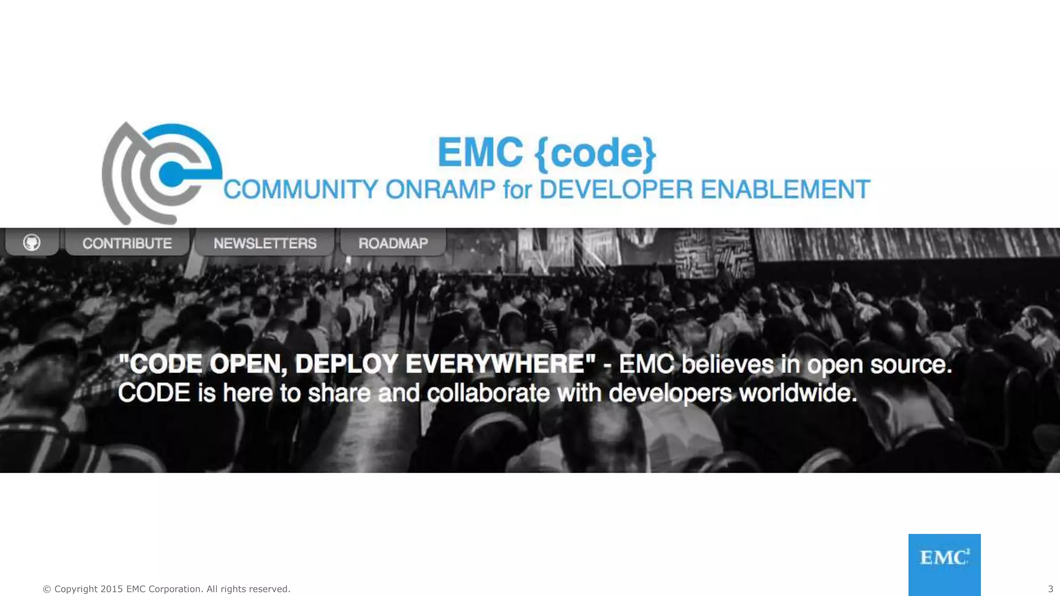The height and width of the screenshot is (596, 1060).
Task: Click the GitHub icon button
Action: tap(32, 242)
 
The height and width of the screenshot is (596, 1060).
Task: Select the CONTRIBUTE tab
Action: tap(127, 243)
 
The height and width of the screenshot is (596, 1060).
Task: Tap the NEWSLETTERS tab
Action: tap(265, 243)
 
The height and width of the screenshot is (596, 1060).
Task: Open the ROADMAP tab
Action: tap(393, 243)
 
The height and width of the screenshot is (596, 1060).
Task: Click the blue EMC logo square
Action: tap(944, 564)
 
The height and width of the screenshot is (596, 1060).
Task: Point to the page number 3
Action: tap(1050, 589)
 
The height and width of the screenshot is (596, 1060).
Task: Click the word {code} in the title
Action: tap(596, 153)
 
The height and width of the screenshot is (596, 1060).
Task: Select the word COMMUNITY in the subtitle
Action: tap(301, 189)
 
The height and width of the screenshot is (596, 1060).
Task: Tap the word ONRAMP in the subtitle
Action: tap(440, 189)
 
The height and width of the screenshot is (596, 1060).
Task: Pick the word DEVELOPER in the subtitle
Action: tap(616, 189)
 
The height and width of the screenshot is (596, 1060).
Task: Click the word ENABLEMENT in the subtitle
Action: tap(785, 189)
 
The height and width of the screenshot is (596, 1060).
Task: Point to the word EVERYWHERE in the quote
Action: tap(495, 364)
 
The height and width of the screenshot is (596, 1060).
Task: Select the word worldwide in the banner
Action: tap(798, 393)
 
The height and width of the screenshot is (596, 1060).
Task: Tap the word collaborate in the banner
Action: tap(488, 393)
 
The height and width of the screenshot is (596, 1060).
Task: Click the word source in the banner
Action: tap(910, 364)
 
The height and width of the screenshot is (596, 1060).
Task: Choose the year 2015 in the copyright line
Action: tap(112, 589)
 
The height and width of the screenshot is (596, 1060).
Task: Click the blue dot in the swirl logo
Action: tap(170, 174)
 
